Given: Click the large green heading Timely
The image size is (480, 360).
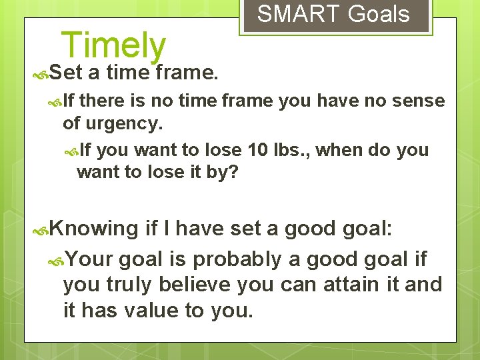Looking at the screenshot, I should (113, 45).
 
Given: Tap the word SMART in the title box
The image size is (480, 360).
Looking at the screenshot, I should (290, 14).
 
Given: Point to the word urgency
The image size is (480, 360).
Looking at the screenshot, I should (129, 123).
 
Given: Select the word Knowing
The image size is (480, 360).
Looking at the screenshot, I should (93, 229).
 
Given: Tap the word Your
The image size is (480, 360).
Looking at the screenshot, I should (91, 259).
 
